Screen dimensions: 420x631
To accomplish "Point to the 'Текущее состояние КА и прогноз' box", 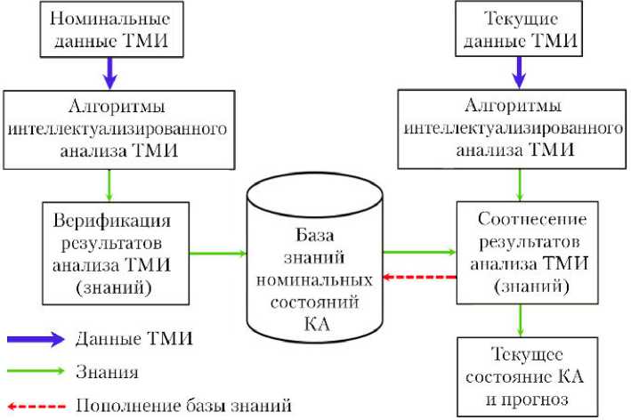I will click(x=519, y=376).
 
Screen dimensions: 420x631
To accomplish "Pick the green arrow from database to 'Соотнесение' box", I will click(x=419, y=253).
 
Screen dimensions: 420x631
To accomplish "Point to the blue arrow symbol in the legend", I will click(x=36, y=339).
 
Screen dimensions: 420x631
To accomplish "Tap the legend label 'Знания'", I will click(x=108, y=371).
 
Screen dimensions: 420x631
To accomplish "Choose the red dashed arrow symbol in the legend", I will click(x=36, y=405).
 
